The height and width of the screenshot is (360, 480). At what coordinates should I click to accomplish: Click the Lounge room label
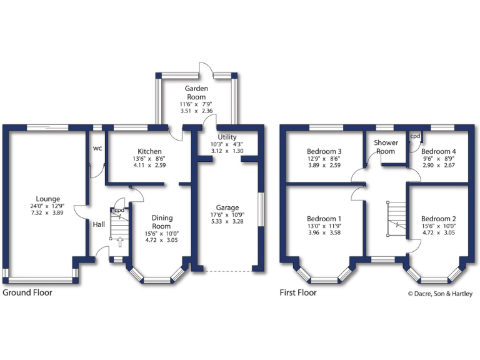coord(48,198)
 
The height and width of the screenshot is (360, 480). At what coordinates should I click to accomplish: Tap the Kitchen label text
coord(150,151)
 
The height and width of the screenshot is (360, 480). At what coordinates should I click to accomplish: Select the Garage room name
coord(227,208)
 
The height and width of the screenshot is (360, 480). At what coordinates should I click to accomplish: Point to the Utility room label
coord(226,137)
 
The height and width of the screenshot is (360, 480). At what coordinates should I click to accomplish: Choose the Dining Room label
coord(161,222)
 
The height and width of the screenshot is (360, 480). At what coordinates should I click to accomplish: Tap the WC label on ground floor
coord(97,149)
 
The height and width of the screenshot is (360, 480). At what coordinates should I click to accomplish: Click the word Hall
coord(99,224)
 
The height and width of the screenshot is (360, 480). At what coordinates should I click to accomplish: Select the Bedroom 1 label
coord(324,218)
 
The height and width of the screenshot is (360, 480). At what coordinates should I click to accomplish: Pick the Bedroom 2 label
coord(439,218)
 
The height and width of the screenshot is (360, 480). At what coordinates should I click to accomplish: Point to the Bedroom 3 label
coord(324,151)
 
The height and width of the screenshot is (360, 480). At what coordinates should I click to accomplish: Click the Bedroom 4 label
coord(439,151)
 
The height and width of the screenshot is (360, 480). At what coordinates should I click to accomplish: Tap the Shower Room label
coord(386,147)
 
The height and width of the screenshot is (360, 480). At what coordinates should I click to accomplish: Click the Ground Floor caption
coord(27,292)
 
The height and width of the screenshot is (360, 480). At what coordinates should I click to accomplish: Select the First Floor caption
coord(299,292)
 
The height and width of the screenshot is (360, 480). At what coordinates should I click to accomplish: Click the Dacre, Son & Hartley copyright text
coord(440,292)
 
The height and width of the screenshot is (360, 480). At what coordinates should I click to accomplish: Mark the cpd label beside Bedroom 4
coord(415,136)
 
